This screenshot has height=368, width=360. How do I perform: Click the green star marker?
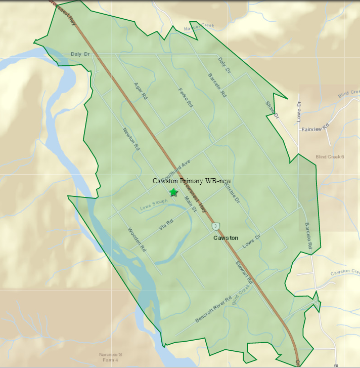(174, 192)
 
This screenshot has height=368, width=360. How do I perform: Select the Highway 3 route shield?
(216, 225)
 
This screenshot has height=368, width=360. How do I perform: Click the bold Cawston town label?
(226, 237)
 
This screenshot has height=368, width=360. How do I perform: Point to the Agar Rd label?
(141, 90)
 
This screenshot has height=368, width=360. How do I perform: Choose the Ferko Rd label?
(186, 97)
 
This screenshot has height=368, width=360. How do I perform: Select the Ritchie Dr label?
(229, 193)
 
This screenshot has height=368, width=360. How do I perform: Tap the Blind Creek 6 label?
(329, 156)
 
